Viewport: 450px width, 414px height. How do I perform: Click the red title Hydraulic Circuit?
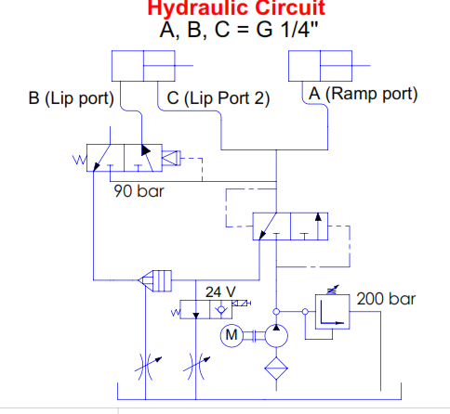(x=236, y=7)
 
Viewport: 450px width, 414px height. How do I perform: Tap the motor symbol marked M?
(x=232, y=335)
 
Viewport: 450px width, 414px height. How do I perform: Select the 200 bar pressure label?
(x=386, y=299)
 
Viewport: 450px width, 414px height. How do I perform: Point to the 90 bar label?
(x=139, y=191)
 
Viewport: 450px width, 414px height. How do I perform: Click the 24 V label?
(x=220, y=291)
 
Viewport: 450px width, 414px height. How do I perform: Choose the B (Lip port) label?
(x=71, y=98)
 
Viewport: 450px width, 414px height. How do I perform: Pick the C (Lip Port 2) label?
(x=218, y=98)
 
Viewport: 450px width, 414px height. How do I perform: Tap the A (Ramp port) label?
(x=364, y=94)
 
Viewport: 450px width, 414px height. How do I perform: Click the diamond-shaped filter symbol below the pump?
(x=276, y=369)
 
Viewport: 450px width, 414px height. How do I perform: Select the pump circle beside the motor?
(x=276, y=335)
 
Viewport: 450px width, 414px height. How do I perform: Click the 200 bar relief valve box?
(x=333, y=311)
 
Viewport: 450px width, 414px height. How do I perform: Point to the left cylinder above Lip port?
(x=143, y=66)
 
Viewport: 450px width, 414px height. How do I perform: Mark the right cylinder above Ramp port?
(x=320, y=66)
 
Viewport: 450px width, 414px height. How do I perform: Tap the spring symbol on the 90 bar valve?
(x=80, y=161)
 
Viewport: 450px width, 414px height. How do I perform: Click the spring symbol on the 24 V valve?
(x=176, y=313)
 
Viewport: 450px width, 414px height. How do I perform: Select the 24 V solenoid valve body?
(x=206, y=309)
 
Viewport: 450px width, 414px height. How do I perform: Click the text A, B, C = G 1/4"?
(x=239, y=30)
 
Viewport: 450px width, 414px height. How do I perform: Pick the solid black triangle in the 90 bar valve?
(x=146, y=150)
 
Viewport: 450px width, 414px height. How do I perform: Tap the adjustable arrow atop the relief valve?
(x=333, y=290)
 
